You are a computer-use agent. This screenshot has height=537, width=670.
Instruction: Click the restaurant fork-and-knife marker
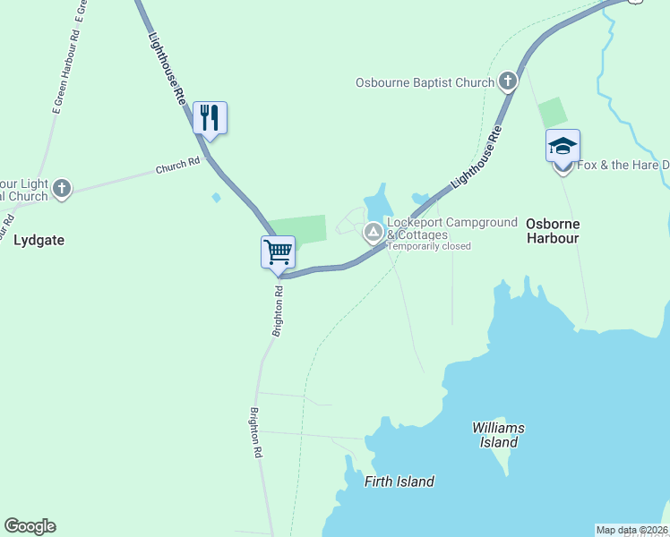210,117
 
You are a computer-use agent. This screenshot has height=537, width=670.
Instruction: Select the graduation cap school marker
563,145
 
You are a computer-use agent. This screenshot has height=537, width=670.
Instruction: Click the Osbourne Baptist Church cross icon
508,82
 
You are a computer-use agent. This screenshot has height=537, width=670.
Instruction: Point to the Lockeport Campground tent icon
373,234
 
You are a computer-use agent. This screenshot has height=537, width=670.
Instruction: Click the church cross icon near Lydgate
61,188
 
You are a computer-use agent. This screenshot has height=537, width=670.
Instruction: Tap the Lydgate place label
40,240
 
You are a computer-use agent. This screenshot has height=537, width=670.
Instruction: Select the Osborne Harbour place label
553,231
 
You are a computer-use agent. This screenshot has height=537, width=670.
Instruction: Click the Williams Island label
498,435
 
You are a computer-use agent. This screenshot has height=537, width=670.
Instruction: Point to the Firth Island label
399,482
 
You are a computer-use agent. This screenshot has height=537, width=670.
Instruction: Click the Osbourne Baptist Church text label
425,83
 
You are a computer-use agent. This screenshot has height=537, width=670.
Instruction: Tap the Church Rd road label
177,166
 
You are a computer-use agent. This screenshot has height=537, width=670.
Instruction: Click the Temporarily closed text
428,246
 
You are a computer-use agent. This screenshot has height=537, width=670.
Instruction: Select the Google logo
30,526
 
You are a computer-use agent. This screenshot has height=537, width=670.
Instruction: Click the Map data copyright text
631,530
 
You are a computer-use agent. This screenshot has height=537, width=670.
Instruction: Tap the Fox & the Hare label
623,166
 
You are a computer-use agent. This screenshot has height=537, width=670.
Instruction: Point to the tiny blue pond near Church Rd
216,197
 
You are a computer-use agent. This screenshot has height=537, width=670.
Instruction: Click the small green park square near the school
553,113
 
